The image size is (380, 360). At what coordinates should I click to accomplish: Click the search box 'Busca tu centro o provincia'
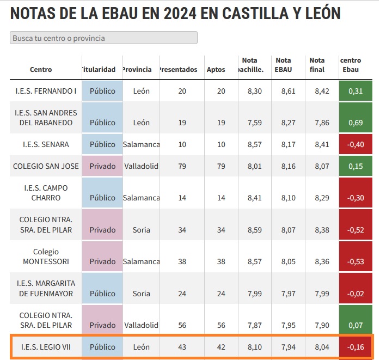tap(103, 38)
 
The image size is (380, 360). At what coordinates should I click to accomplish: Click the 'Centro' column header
tap(41, 70)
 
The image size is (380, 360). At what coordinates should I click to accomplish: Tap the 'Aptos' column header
tap(216, 70)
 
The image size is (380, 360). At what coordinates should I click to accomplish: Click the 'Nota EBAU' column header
tap(283, 65)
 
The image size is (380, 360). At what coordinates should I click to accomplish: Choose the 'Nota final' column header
tap(317, 65)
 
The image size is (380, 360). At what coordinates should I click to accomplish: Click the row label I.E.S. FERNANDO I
tap(46, 91)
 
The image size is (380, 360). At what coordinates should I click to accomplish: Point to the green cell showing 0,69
tap(355, 123)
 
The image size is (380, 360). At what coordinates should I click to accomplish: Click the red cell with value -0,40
tap(355, 144)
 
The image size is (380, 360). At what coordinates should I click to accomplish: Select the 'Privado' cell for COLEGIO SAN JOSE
tap(102, 166)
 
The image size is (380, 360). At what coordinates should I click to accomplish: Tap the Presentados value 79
tap(182, 166)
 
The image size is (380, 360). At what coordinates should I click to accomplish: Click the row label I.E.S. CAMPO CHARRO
tap(46, 192)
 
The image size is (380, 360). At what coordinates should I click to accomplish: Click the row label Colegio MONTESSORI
tap(46, 257)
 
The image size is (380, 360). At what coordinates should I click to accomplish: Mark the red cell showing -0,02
tap(355, 294)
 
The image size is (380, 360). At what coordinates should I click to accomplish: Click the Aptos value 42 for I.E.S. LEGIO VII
tap(220, 347)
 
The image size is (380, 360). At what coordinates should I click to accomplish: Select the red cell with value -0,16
tap(355, 347)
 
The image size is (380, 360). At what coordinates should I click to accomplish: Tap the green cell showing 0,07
tap(355, 325)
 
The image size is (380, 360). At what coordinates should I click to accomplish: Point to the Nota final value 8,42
tap(322, 91)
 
